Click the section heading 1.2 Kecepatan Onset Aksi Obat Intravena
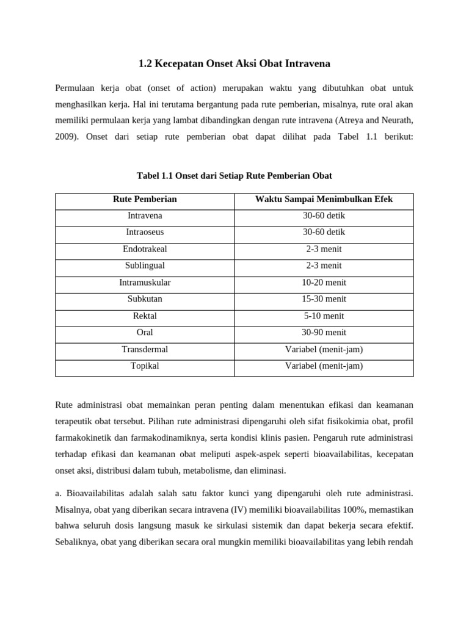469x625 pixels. (234, 63)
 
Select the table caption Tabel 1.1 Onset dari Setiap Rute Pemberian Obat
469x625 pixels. (234, 176)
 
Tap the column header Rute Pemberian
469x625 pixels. (145, 200)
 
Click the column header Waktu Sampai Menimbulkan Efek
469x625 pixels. (324, 200)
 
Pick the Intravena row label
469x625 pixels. (145, 216)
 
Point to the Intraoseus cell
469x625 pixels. (145, 233)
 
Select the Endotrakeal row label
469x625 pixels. (145, 249)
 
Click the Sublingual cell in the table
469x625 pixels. (145, 266)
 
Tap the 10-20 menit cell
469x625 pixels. (324, 283)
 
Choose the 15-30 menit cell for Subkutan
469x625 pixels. (324, 299)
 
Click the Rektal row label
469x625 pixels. (145, 316)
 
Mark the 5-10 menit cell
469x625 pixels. (324, 316)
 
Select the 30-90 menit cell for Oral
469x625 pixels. (324, 333)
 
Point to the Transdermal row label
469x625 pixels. (145, 349)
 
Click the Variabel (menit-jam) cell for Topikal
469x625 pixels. (324, 366)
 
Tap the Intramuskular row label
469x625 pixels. (145, 283)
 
